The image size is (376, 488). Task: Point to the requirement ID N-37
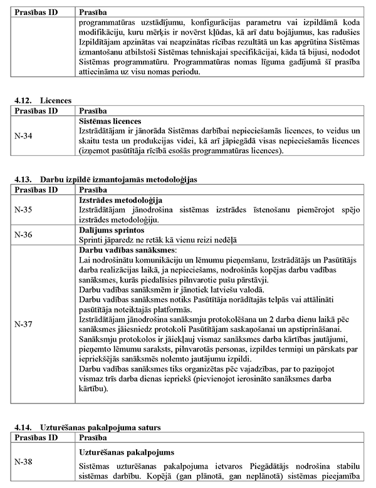pos(24,324)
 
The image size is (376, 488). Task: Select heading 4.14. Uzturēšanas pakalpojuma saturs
pos(87,427)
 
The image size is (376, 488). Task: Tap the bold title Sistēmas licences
pos(110,121)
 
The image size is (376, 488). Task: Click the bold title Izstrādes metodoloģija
pos(118,200)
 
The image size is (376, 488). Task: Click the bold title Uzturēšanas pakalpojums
pos(127,452)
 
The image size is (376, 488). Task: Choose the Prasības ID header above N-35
pos(36,189)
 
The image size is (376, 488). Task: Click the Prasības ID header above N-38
pos(36,437)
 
